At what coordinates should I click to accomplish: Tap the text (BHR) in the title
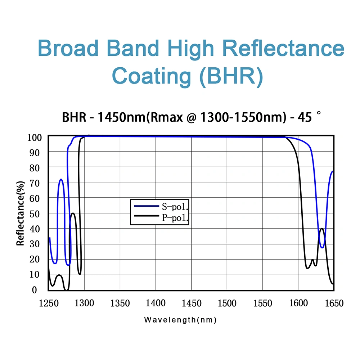tap(231, 76)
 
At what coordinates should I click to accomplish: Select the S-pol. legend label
tap(176, 207)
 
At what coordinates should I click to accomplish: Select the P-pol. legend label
tap(176, 217)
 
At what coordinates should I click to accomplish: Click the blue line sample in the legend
tap(146, 206)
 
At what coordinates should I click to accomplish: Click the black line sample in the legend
tap(146, 216)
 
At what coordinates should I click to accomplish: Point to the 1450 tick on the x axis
tap(191, 303)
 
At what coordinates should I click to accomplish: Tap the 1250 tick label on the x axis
tap(48, 303)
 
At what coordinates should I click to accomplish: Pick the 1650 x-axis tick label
tap(333, 303)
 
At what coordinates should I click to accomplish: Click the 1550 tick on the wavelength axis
tap(262, 303)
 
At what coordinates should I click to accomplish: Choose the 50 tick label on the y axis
tap(38, 213)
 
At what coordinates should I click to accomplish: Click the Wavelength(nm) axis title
tap(180, 320)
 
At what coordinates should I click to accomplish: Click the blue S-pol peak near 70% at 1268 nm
tap(61, 179)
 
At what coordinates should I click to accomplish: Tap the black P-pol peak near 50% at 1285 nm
tap(73, 213)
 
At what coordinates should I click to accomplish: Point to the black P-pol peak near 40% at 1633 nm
tap(322, 229)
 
